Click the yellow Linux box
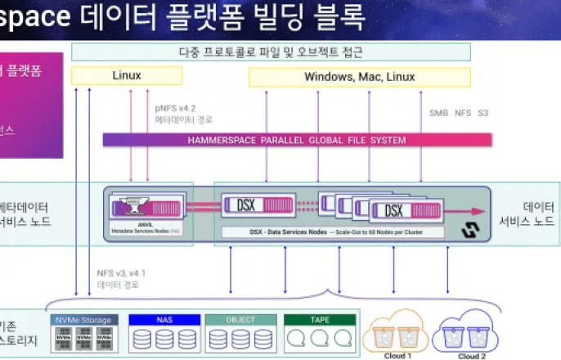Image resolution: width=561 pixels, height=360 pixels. click(x=126, y=76)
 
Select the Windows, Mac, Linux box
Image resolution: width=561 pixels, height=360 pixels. click(x=359, y=77)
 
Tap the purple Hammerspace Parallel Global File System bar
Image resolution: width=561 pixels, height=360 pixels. click(x=297, y=140)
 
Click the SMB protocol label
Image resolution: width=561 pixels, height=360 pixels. click(x=438, y=112)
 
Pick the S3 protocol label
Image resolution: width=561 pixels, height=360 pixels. click(x=483, y=112)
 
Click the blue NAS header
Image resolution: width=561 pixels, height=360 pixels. click(x=164, y=319)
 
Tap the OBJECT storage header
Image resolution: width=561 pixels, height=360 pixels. click(x=240, y=319)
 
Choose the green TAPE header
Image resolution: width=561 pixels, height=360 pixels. click(x=320, y=319)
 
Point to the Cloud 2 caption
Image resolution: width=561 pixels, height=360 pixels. click(x=473, y=356)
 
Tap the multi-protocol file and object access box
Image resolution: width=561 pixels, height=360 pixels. click(x=272, y=52)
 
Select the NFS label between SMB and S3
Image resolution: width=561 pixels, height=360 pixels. click(x=462, y=112)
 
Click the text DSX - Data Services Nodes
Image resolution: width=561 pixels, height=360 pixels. click(x=285, y=232)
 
